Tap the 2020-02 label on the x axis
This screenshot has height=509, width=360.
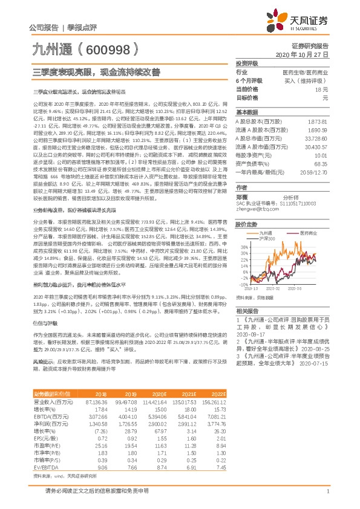275,288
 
